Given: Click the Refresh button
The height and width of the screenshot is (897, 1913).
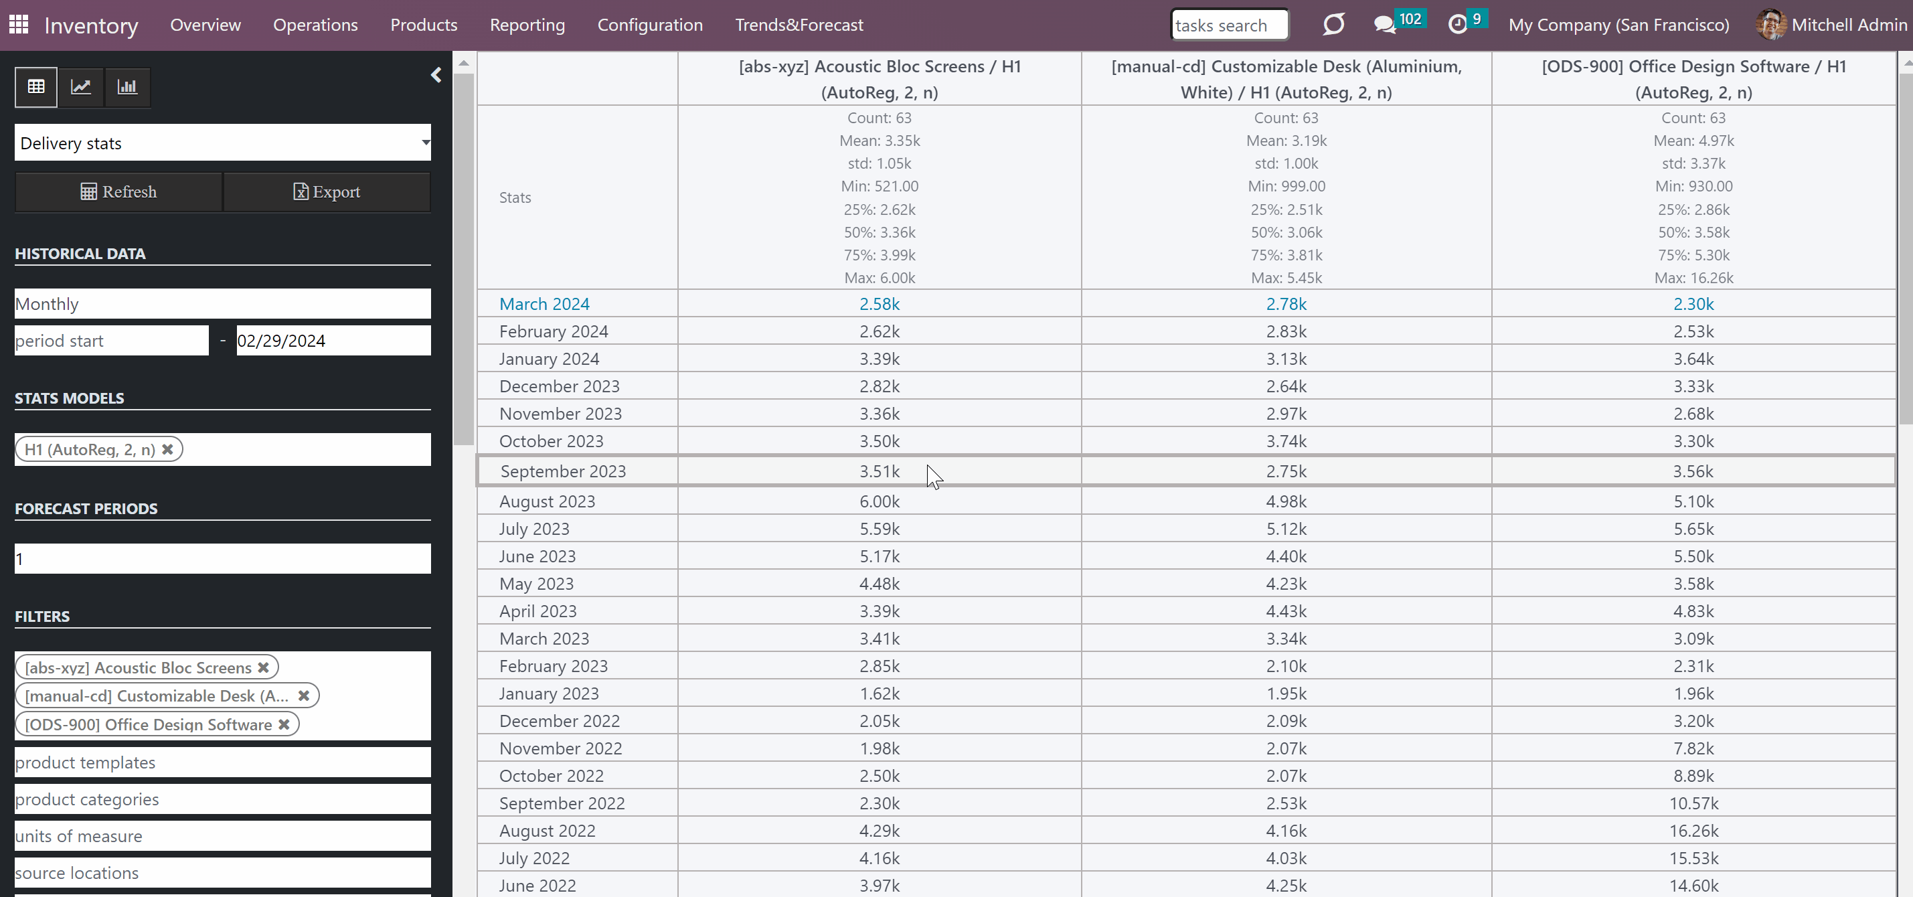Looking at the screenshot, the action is [119, 191].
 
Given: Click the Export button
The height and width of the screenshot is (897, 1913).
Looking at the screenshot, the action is [327, 191].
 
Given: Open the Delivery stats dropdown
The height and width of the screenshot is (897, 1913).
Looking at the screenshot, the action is [223, 143].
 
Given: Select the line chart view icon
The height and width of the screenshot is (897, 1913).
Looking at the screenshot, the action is [81, 87].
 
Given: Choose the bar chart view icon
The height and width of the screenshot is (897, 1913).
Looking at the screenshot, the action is [127, 87].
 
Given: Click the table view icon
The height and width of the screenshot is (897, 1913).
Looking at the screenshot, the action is [35, 87].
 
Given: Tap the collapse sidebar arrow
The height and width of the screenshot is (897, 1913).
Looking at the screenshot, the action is [436, 75].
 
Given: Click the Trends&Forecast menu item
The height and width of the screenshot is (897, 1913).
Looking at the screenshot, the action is [799, 25].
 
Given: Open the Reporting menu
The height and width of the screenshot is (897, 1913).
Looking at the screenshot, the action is [527, 25].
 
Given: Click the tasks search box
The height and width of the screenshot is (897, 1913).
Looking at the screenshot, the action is [1229, 25].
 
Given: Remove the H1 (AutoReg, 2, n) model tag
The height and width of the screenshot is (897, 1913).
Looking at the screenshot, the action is [168, 449].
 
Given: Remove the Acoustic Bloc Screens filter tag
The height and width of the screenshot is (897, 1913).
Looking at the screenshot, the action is [263, 667].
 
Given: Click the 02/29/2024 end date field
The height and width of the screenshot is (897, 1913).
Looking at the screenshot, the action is [333, 341].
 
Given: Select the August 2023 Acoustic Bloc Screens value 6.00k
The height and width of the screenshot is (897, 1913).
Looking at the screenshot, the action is [880, 501].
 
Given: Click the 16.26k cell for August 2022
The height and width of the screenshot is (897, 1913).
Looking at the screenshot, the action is [1694, 831].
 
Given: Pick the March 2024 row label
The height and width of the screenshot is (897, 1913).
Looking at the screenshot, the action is [544, 304].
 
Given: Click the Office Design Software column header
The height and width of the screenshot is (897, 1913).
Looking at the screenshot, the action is [1694, 79].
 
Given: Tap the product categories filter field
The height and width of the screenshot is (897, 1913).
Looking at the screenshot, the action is [223, 799].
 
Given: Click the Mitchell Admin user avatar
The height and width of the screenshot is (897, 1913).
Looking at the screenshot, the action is [1770, 25].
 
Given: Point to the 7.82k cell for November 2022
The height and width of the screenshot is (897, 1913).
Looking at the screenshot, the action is [1694, 748].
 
